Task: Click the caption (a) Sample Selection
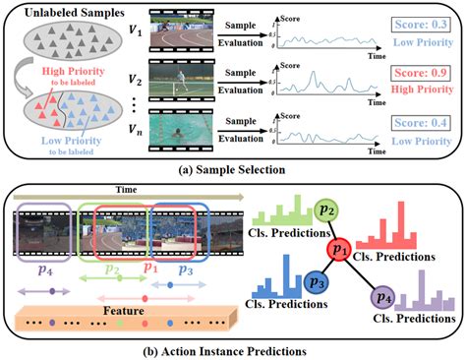232,167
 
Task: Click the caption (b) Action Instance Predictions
232,350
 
